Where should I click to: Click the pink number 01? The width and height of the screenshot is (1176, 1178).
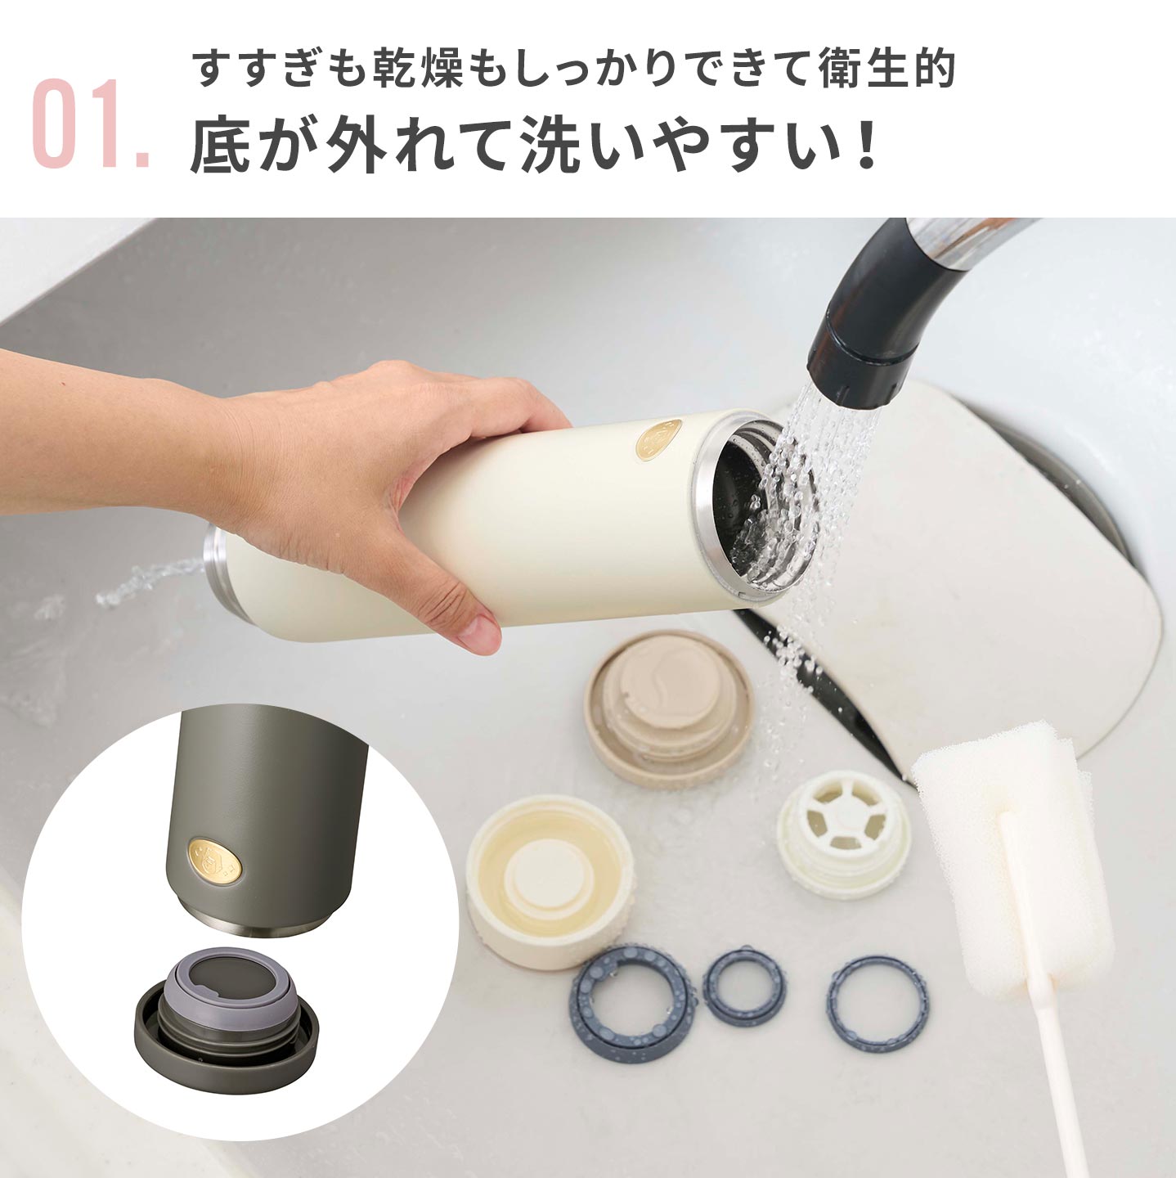91,122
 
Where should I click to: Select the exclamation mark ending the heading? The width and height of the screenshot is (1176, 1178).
863,146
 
